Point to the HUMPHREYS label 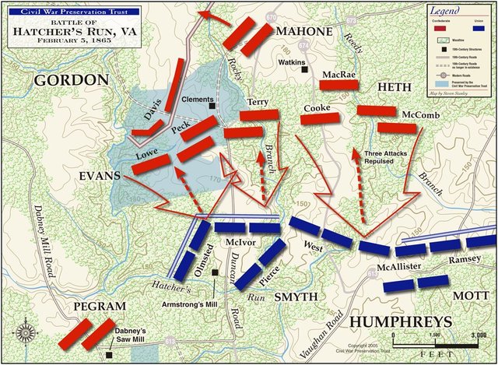coord(400,322)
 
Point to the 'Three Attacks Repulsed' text coord(388,158)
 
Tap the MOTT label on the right coord(470,296)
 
